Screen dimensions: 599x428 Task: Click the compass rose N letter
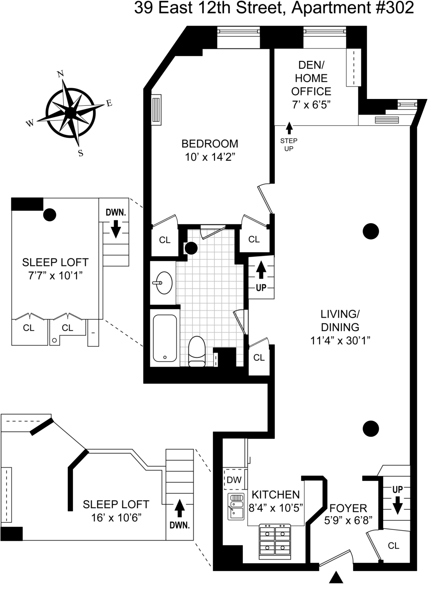[61, 74]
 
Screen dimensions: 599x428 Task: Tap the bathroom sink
[163, 283]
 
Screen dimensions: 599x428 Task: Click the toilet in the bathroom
[196, 351]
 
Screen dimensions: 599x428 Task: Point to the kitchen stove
[275, 541]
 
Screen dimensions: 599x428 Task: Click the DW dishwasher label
[234, 480]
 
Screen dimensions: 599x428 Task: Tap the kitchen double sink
[236, 506]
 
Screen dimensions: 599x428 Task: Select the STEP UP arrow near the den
[289, 128]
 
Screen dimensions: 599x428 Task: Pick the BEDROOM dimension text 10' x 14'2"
[210, 157]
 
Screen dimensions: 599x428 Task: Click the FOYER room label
[348, 508]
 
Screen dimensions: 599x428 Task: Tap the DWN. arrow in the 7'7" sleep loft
[116, 230]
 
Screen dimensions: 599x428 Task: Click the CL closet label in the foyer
[394, 546]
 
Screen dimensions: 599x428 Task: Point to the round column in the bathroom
[191, 248]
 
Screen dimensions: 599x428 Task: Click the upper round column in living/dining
[371, 231]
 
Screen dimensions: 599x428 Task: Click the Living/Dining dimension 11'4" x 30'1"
[340, 341]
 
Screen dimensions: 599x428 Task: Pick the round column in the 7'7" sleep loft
[50, 215]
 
